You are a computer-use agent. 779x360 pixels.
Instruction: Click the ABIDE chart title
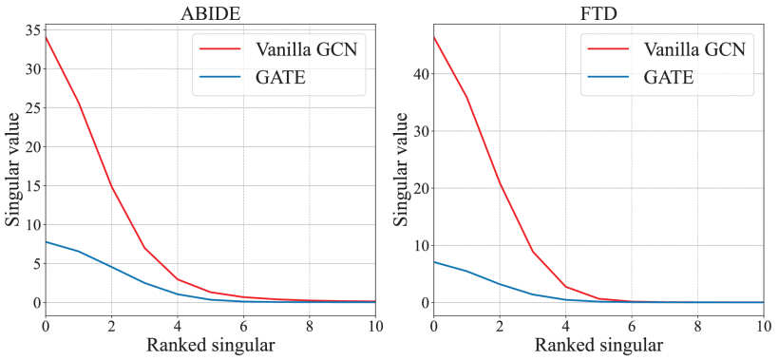210,12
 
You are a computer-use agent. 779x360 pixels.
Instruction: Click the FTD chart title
598,12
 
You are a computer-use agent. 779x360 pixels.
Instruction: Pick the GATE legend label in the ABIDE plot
279,77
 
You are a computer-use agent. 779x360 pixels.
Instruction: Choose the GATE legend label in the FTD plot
668,77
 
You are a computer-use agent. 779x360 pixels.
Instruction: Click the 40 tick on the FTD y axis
419,74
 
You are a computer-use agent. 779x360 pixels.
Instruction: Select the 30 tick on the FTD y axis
419,131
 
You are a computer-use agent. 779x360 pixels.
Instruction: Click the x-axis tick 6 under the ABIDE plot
243,326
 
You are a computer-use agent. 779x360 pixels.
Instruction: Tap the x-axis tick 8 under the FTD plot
698,326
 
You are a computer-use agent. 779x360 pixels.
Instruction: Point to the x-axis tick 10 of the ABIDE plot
375,326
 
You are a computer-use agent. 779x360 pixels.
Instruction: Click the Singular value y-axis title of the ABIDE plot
12,169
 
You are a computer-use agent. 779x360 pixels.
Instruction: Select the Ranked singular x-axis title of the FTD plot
598,346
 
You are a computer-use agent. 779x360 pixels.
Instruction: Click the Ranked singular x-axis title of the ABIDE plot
210,346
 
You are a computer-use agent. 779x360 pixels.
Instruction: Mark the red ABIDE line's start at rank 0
46,36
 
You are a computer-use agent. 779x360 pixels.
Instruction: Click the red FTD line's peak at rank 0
434,36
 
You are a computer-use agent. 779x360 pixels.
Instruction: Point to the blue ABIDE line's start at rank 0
46,242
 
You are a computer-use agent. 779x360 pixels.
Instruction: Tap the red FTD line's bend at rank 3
533,251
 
